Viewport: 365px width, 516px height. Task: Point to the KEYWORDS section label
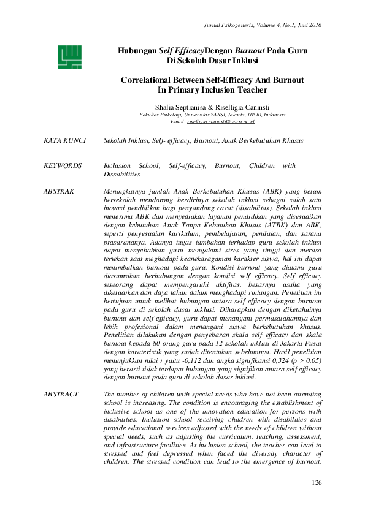tap(63, 166)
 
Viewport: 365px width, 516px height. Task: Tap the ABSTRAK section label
tap(59, 192)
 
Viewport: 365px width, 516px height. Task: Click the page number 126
tap(316, 483)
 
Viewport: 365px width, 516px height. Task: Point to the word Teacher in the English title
tap(251, 90)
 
